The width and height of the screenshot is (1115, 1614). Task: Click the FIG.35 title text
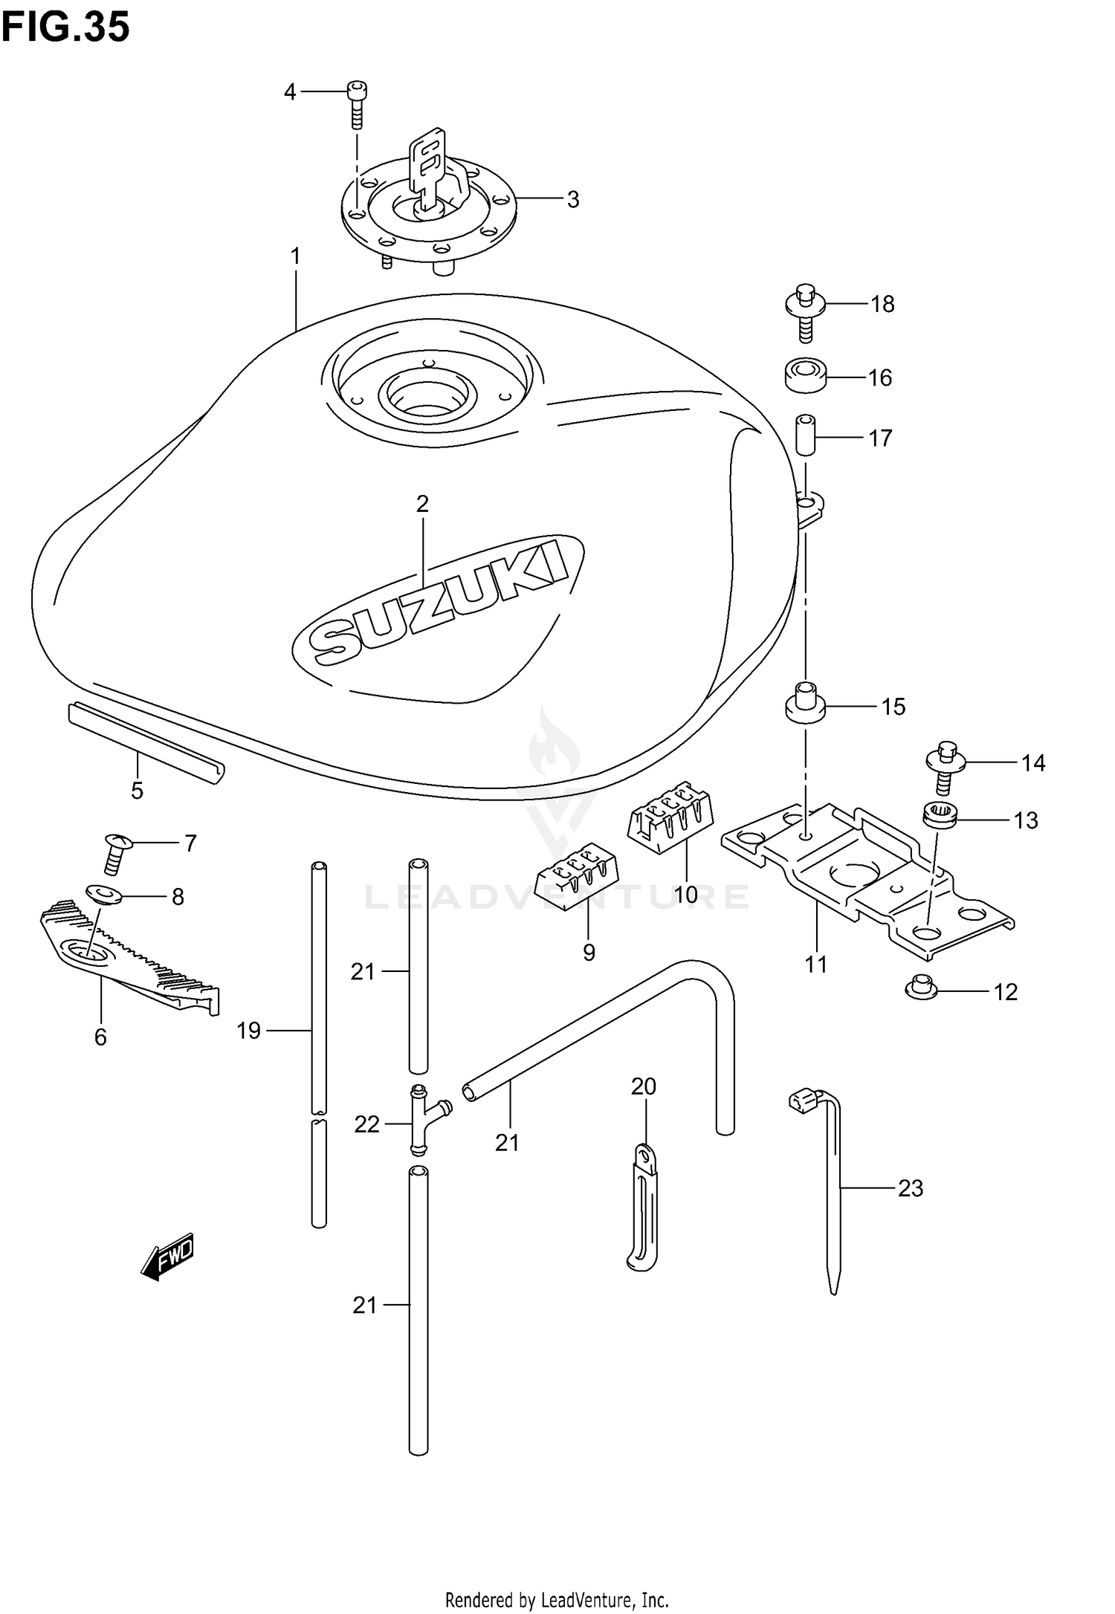point(65,27)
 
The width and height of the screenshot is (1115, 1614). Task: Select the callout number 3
point(572,200)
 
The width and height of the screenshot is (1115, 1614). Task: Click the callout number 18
point(882,305)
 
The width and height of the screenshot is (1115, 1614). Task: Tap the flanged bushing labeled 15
point(805,701)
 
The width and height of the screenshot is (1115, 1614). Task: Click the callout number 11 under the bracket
point(815,965)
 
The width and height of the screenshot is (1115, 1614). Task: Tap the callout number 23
point(910,1189)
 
